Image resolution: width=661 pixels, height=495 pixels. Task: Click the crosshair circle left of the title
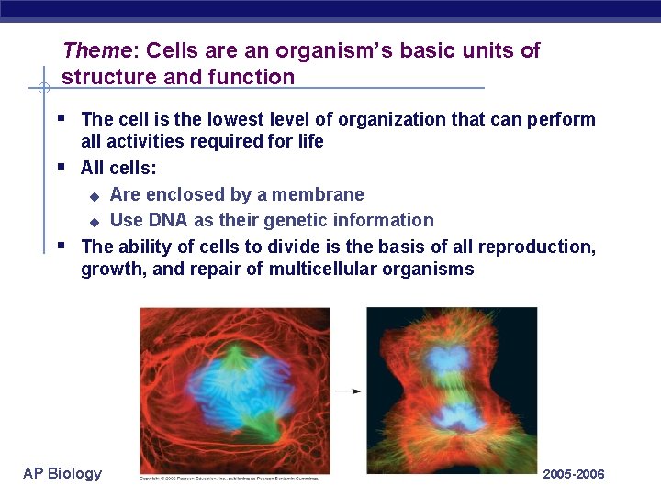click(43, 89)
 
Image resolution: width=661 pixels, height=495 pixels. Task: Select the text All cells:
click(118, 168)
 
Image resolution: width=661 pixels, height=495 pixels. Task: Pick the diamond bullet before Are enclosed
click(93, 195)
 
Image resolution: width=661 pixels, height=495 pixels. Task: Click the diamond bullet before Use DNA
click(93, 221)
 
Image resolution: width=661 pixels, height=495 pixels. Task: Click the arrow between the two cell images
click(348, 390)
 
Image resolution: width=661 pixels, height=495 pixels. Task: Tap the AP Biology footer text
click(62, 473)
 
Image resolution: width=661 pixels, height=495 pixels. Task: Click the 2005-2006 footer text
click(574, 474)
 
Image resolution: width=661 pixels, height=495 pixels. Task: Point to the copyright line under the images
click(234, 478)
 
